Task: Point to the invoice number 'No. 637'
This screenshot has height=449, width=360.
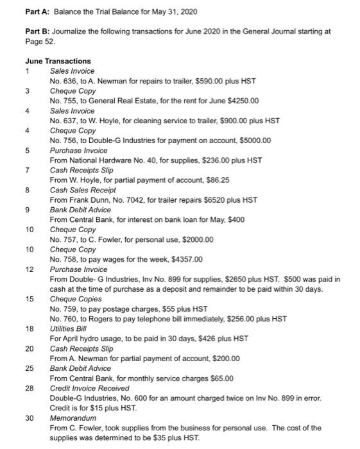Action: click(62, 121)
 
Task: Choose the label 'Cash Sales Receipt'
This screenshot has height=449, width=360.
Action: click(83, 190)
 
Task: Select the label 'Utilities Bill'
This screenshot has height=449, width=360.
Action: click(69, 329)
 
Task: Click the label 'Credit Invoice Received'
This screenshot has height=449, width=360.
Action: click(89, 389)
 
